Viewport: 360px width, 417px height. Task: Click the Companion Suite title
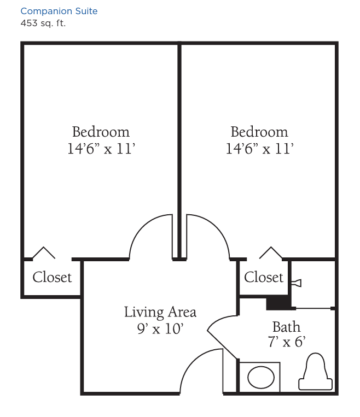pos(59,11)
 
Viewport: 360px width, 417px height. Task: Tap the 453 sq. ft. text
pos(43,24)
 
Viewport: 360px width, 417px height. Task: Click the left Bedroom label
pos(101,132)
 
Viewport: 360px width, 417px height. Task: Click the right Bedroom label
pos(259,132)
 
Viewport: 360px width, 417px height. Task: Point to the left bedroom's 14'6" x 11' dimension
pos(101,149)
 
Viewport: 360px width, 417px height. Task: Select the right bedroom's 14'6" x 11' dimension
pos(260,149)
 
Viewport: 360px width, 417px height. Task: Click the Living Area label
pos(160,312)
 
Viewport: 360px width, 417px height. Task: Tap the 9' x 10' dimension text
pos(160,328)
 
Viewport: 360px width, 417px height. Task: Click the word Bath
pos(286,327)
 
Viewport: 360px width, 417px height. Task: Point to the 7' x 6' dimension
pos(287,342)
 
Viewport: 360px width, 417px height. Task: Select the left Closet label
pos(52,278)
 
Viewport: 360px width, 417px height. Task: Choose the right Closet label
pos(264,278)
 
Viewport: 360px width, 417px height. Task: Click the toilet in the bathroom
pos(316,372)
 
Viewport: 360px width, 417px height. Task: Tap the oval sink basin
pos(261,377)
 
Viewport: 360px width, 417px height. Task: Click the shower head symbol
pos(297,283)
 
